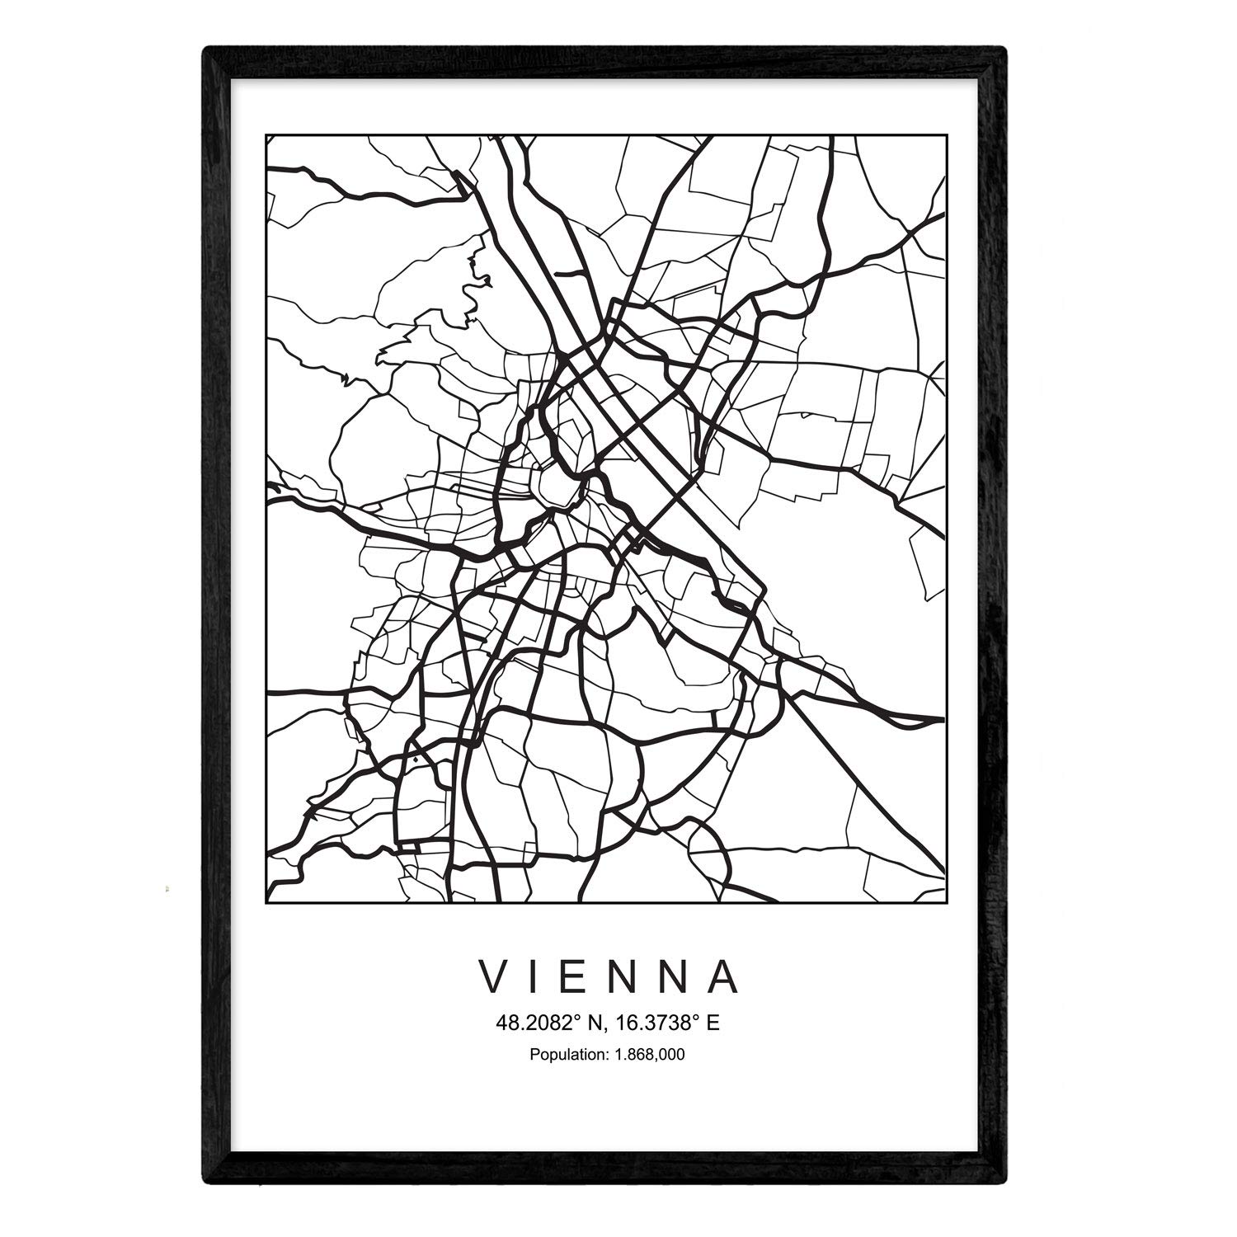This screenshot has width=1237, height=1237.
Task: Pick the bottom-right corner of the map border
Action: point(946,902)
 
